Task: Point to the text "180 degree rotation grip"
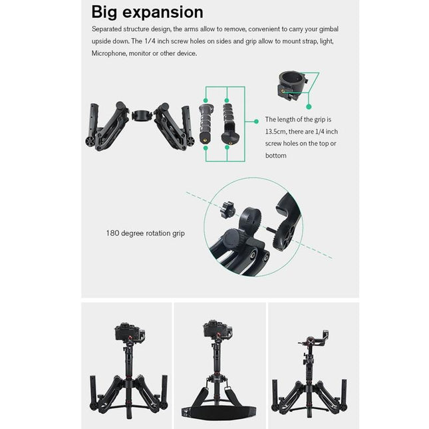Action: pyautogui.click(x=145, y=233)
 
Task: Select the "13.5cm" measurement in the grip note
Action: pyautogui.click(x=278, y=132)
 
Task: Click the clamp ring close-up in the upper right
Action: pyautogui.click(x=291, y=85)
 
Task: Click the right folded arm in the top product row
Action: pyautogui.click(x=174, y=124)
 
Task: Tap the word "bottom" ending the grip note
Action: pyautogui.click(x=275, y=156)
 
